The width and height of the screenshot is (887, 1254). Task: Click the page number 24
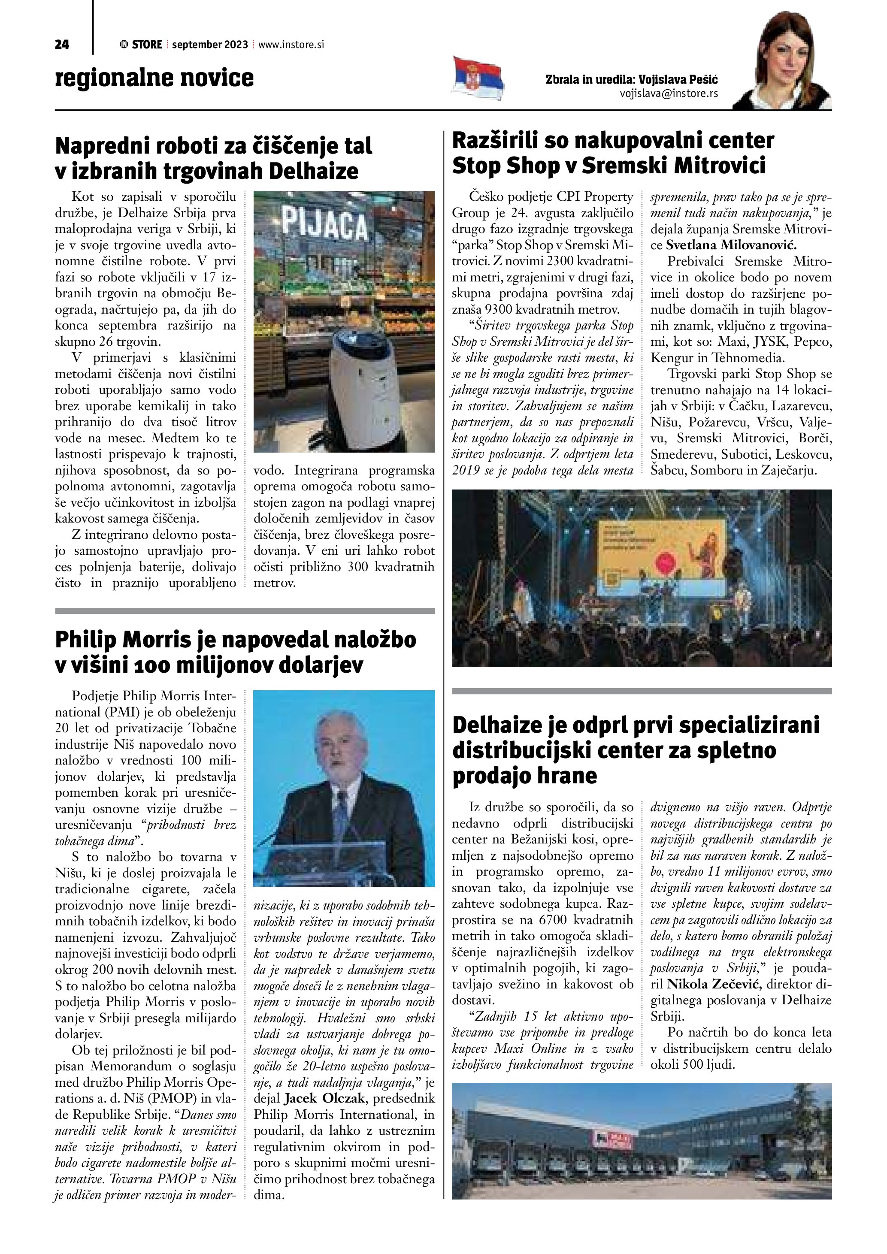click(62, 45)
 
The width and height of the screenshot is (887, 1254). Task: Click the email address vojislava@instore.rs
click(669, 94)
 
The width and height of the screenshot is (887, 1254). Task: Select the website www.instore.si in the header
click(291, 45)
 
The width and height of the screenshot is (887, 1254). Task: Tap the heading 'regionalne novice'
click(154, 78)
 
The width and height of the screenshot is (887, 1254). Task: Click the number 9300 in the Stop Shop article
click(506, 309)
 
